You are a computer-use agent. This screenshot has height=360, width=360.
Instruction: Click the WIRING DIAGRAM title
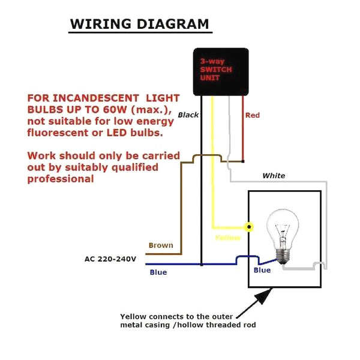coord(140,24)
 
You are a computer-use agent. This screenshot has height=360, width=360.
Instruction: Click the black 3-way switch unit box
coord(221,71)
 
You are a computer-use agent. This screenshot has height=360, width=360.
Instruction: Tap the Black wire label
coord(188,115)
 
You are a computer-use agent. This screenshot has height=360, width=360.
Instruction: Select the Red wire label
coord(253,115)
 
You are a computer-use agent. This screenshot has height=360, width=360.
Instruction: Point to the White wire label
coord(274,176)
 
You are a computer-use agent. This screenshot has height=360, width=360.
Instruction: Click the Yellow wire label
coord(228,238)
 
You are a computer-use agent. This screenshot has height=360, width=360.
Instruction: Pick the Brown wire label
coord(161,245)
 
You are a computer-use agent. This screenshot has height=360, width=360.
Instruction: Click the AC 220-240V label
coord(110,259)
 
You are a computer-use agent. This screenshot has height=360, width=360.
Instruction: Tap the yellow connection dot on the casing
coord(249,227)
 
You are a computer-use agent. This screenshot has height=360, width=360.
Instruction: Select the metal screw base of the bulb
coord(283,256)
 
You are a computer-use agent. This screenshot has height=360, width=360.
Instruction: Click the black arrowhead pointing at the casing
coord(264,296)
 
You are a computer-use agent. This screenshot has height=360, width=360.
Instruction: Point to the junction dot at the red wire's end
coord(243,161)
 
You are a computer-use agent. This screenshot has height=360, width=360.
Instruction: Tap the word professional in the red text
coord(61,179)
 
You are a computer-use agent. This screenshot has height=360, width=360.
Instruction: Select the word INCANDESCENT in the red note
coord(95,98)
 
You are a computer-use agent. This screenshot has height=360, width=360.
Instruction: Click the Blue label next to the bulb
coord(262,270)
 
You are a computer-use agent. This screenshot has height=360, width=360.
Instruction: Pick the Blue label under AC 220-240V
coord(158,272)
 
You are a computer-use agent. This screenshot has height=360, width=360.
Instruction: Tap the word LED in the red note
coord(117,133)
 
